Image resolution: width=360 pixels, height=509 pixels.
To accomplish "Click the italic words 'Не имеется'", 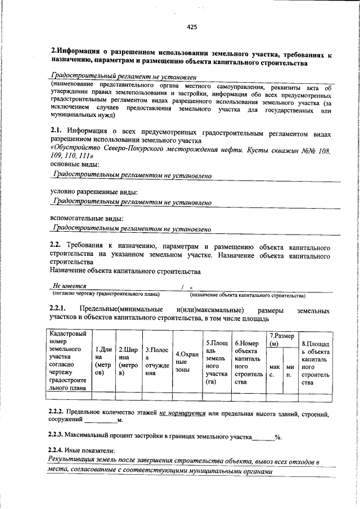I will [69, 285].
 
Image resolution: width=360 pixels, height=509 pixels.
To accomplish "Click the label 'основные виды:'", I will [74, 164].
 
